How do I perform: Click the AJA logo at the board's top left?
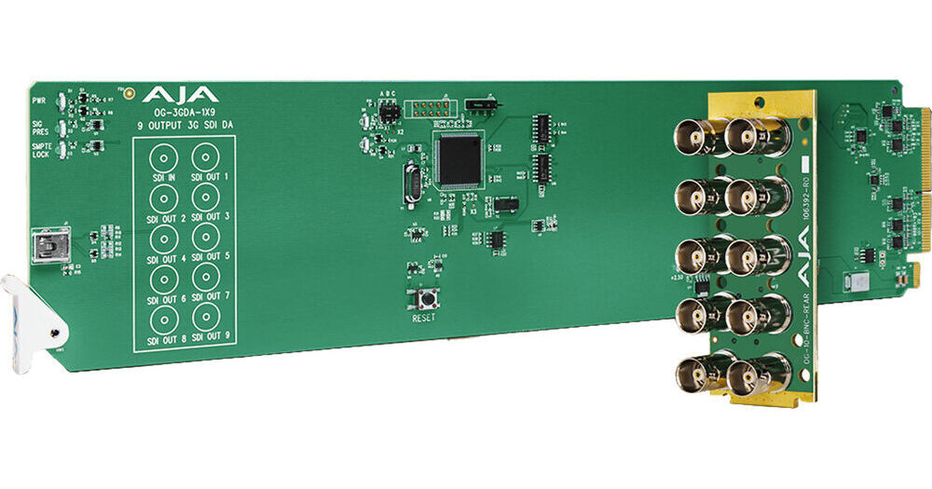click(180, 94)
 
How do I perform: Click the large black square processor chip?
click(460, 159)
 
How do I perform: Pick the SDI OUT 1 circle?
click(207, 156)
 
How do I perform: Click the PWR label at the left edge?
click(39, 98)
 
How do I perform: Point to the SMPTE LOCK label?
click(41, 151)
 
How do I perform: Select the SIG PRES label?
click(39, 125)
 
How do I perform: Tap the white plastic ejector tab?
click(33, 312)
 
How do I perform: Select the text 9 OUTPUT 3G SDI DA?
click(184, 125)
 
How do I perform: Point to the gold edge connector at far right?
click(925, 186)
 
